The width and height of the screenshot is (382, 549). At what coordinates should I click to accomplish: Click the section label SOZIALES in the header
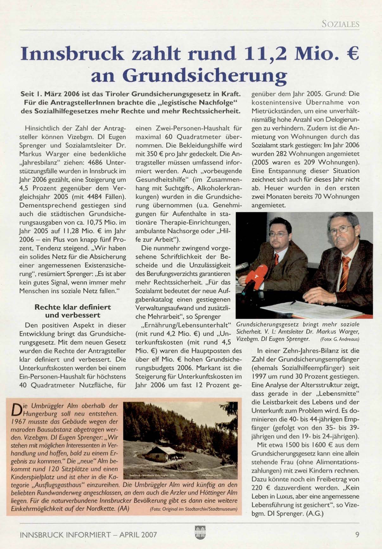point(340,24)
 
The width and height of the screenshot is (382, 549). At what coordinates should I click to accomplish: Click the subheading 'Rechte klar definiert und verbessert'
point(73,311)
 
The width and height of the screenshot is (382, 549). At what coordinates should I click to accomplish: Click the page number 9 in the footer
point(357,534)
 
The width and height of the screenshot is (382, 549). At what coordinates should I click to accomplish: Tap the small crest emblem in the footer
point(200,532)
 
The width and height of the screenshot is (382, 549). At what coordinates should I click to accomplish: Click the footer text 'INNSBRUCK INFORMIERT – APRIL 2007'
point(88,535)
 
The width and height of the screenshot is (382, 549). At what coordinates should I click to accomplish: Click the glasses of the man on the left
point(279,235)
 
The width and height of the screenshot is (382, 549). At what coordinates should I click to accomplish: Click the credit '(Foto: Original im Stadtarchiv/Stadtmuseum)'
point(193,509)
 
